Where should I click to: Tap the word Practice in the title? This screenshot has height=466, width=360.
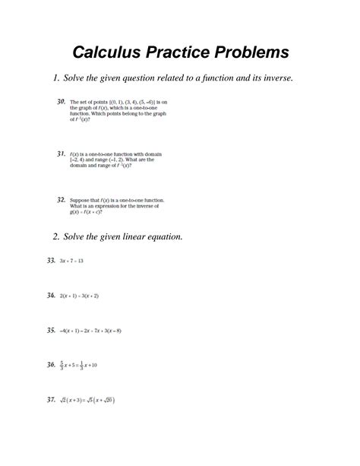coord(185,52)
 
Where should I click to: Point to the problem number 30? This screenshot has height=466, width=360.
coord(61,101)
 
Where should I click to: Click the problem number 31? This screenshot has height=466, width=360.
coord(61,154)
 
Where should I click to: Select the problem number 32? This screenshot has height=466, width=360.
coord(61,199)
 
